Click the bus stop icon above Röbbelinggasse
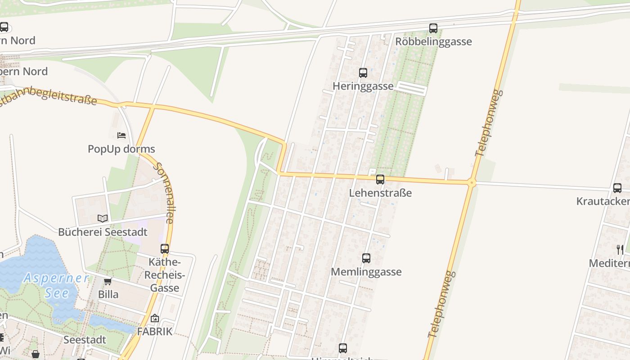[433, 28]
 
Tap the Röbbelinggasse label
[433, 42]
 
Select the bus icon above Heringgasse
[363, 72]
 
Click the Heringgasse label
[363, 86]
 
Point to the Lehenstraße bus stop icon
[380, 180]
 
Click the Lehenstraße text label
[380, 193]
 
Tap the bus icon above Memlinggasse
[366, 258]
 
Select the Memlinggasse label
[366, 272]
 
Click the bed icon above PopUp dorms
[121, 135]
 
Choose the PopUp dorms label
[121, 149]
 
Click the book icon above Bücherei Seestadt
[103, 218]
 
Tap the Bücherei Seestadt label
[103, 232]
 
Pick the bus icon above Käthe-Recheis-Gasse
[165, 248]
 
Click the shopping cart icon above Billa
[108, 282]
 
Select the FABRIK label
[154, 332]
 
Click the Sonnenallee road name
[164, 193]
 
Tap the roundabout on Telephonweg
[472, 183]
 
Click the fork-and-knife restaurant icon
[620, 249]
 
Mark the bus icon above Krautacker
[617, 188]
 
